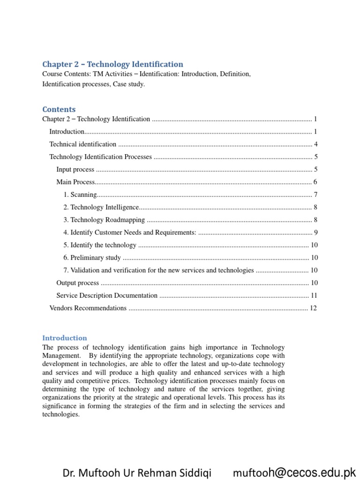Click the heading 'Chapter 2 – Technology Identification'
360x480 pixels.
[x=112, y=64]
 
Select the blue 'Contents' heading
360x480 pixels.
[x=59, y=109]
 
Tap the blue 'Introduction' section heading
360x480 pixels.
[x=65, y=337]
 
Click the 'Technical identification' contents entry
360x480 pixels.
[x=83, y=144]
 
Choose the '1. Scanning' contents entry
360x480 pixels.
[x=80, y=195]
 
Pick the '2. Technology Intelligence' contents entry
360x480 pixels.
[x=101, y=207]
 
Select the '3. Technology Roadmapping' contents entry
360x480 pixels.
[x=104, y=220]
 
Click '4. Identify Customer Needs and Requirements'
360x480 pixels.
[x=130, y=232]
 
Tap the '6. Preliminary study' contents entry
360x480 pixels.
[x=92, y=258]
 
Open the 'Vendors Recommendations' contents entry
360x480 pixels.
[x=88, y=308]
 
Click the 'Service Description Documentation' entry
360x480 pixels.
[x=107, y=295]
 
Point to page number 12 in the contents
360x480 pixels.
[x=314, y=308]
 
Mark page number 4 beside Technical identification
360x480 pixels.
[x=316, y=144]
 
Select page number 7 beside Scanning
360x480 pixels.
[x=316, y=195]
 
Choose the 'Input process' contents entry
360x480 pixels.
[x=75, y=170]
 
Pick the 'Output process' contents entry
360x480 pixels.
[x=77, y=283]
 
